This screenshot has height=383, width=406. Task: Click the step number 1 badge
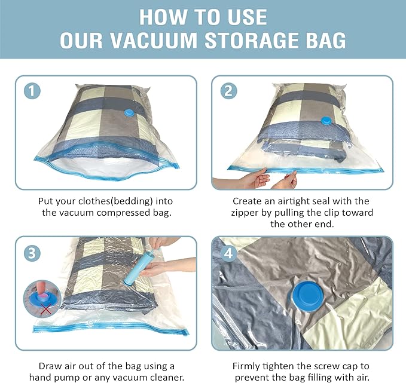pos(32,91)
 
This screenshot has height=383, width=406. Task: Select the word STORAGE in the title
pos(251,41)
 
